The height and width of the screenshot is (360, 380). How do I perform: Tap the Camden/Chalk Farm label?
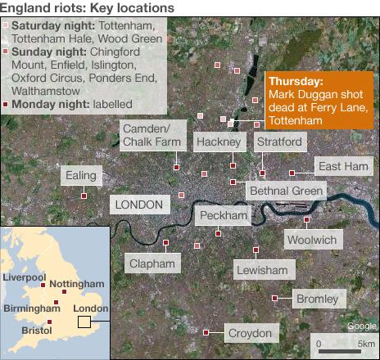[150, 137]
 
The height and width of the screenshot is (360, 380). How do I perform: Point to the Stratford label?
[280, 142]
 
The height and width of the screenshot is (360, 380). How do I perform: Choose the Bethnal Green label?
[286, 191]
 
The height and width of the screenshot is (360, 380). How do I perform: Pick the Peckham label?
[223, 215]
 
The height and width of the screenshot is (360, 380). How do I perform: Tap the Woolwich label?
[311, 240]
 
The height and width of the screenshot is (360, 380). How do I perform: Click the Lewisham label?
[262, 269]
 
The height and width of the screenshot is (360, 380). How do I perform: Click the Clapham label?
[152, 263]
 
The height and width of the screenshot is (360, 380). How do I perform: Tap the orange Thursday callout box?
[318, 101]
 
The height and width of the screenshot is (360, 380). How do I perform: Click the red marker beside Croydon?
[206, 332]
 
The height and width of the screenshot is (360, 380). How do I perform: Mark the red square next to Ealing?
[84, 196]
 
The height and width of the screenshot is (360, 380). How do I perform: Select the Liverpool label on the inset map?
[25, 277]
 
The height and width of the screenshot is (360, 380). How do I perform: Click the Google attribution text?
[360, 326]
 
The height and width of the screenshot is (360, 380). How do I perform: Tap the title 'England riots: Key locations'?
[87, 7]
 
